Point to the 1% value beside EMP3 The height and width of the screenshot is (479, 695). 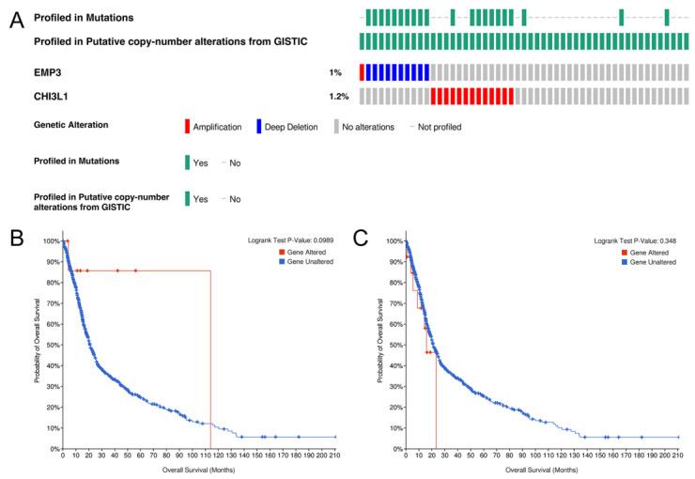(x=335, y=72)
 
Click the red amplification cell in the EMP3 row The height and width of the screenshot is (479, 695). (x=362, y=72)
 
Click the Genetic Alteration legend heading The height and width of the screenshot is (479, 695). (x=70, y=125)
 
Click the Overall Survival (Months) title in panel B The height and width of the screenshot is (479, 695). (x=198, y=469)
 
